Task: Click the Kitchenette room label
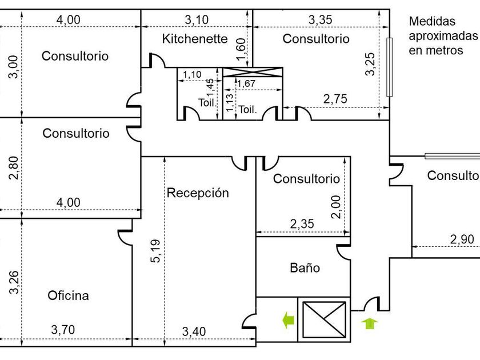195,39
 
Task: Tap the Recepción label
198,193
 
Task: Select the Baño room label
305,268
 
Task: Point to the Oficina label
68,295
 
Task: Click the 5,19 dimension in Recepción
155,251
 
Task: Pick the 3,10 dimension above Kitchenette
197,20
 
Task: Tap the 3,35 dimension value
320,20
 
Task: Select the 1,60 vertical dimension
241,49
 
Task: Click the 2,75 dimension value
335,99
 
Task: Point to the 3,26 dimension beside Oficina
14,282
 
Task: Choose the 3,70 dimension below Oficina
63,330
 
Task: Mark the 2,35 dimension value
302,224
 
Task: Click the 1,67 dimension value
246,83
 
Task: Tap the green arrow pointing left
288,321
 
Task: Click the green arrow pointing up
370,323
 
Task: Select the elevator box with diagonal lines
324,320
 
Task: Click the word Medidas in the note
432,21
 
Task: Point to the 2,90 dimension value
462,239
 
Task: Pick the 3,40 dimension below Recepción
194,331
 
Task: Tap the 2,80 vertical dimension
14,168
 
